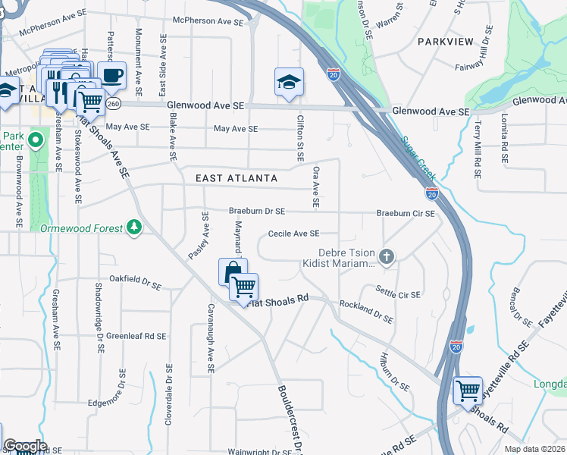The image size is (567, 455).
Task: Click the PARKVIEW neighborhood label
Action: [445, 41]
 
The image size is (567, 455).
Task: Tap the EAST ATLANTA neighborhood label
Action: [235, 177]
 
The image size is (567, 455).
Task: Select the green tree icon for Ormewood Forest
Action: [134, 226]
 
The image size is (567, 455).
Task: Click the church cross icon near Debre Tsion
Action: [387, 256]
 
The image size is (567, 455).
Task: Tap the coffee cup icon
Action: [111, 75]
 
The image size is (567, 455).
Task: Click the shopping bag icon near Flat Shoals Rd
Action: [232, 271]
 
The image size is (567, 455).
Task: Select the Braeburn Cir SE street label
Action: [406, 214]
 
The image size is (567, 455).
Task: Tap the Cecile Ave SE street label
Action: [293, 234]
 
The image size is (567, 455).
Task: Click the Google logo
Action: [25, 446]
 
